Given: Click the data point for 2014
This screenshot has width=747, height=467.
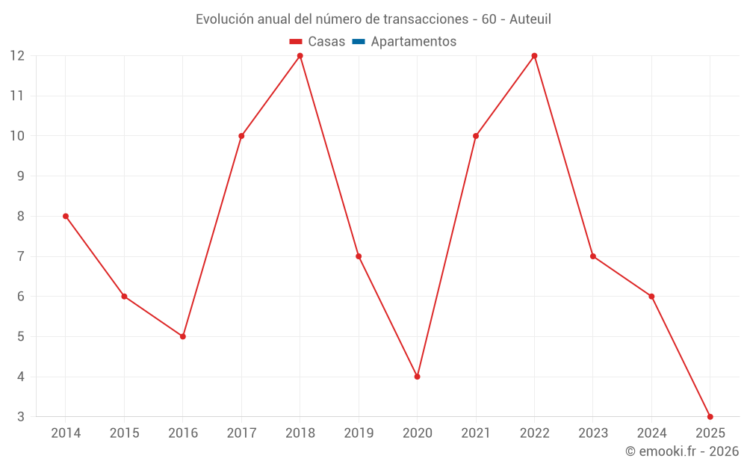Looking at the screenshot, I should pyautogui.click(x=66, y=216).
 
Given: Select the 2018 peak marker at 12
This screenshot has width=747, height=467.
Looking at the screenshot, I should pyautogui.click(x=300, y=55).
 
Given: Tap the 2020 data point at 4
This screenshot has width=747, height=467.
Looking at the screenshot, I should pyautogui.click(x=417, y=377).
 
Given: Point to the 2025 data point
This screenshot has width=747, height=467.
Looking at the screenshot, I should pyautogui.click(x=710, y=416).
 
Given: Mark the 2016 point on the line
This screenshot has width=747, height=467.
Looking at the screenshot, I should pyautogui.click(x=183, y=336).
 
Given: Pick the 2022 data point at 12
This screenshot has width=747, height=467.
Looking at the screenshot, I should pyautogui.click(x=534, y=55).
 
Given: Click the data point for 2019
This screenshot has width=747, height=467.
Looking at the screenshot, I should pyautogui.click(x=359, y=256).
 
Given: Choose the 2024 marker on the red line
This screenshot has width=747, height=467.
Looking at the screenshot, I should pyautogui.click(x=651, y=297).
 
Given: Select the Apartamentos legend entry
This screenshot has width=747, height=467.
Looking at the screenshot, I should pyautogui.click(x=413, y=42).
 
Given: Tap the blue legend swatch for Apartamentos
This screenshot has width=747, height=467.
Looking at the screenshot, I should pyautogui.click(x=359, y=42).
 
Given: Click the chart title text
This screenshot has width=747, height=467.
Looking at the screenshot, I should pyautogui.click(x=373, y=19).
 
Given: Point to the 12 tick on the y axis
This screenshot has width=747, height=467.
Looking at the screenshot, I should pyautogui.click(x=17, y=56).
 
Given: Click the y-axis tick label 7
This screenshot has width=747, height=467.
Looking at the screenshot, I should pyautogui.click(x=21, y=256).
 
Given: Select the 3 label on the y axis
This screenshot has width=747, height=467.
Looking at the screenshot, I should pyautogui.click(x=21, y=417).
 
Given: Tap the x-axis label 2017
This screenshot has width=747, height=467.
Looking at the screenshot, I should pyautogui.click(x=241, y=433).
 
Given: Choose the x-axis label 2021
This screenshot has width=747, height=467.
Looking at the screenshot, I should pyautogui.click(x=476, y=433).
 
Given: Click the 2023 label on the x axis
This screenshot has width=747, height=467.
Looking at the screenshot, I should pyautogui.click(x=593, y=433).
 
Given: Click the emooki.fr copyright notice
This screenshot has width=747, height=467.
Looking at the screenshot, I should pyautogui.click(x=681, y=451).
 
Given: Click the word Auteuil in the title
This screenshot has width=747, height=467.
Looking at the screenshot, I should pyautogui.click(x=530, y=19).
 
